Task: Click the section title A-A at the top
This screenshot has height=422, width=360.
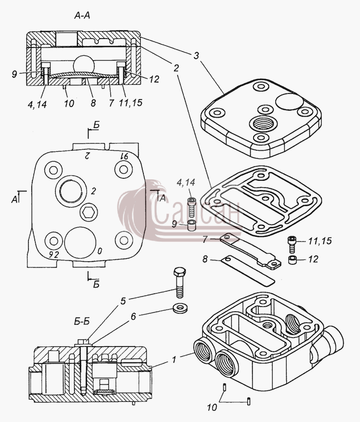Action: click(x=82, y=16)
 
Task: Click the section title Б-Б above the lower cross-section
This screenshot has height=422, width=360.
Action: click(x=82, y=321)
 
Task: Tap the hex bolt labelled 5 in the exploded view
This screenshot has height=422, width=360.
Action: click(x=180, y=282)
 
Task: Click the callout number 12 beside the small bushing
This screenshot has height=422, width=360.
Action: click(x=313, y=259)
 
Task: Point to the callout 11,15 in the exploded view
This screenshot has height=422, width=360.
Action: click(x=320, y=241)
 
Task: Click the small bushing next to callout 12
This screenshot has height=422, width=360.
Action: click(x=292, y=260)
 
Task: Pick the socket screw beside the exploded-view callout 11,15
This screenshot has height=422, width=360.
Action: click(x=292, y=244)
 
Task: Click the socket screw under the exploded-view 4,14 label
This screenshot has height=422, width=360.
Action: click(x=191, y=207)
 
